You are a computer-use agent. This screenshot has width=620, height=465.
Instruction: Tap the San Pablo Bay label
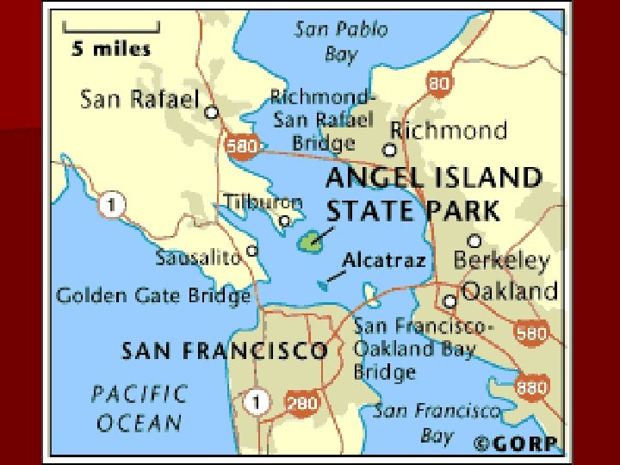point(341,41)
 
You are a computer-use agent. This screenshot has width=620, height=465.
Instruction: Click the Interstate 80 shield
point(439,84)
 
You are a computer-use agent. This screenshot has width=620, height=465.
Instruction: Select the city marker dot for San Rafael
point(211,112)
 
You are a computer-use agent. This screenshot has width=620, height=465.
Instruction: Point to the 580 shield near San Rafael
point(243,146)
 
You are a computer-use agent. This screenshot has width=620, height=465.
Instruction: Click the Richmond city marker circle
point(389,150)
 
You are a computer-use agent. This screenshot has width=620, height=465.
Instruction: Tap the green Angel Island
point(310,242)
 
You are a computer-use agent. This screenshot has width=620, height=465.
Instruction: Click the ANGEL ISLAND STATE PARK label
point(433,195)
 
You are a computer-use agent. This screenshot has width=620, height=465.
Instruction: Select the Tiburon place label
point(263,201)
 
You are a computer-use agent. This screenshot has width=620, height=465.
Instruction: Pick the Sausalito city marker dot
point(252,251)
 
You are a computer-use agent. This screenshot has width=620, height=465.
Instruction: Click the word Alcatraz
point(384,260)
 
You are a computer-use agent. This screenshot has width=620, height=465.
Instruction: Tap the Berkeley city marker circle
point(474,240)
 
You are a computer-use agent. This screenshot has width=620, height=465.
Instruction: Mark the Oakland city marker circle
point(449,301)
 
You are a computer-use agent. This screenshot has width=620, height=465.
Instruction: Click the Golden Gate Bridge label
point(153,296)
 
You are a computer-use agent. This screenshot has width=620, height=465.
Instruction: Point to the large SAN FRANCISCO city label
point(224,350)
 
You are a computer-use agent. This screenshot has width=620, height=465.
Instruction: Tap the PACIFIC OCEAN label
point(139,408)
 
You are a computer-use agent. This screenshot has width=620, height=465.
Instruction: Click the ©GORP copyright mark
point(517,443)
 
